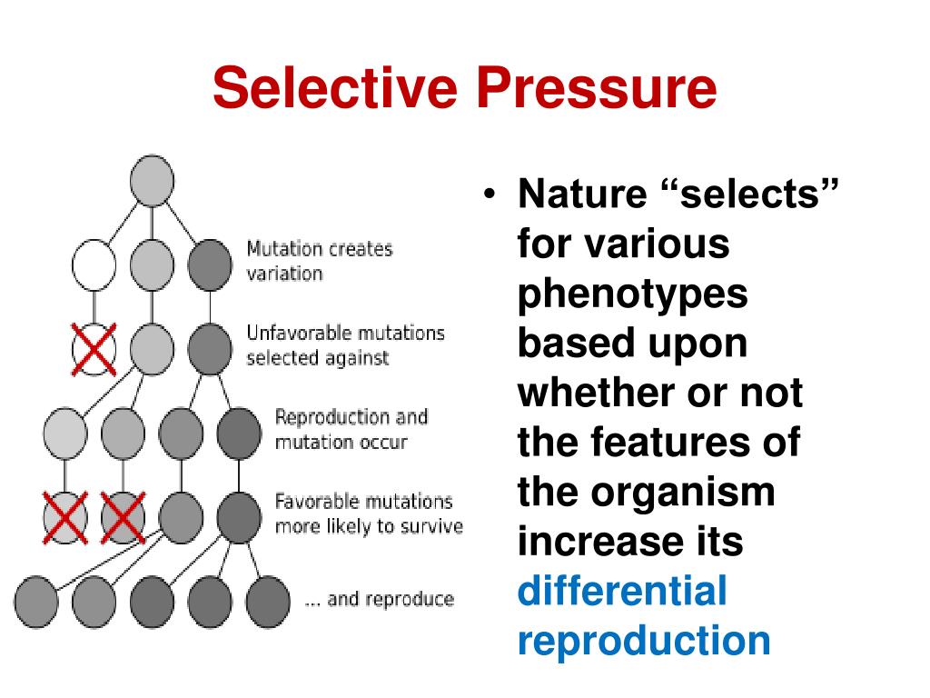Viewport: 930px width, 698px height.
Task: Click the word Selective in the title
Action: click(335, 88)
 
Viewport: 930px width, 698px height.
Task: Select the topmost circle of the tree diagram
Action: click(152, 179)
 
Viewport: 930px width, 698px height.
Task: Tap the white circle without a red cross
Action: click(94, 264)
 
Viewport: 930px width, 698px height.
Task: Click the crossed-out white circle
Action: click(94, 349)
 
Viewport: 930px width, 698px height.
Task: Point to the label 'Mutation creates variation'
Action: click(319, 261)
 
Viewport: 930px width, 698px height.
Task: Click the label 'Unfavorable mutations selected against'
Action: click(345, 344)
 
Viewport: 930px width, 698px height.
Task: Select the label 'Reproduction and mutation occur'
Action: click(351, 429)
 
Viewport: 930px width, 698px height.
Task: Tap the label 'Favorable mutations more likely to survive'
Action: click(368, 514)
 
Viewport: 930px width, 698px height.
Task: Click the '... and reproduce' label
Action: click(379, 599)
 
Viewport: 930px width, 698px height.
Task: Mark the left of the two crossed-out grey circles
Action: click(65, 518)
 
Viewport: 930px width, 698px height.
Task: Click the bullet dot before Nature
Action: click(491, 196)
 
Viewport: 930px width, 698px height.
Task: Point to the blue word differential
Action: click(622, 591)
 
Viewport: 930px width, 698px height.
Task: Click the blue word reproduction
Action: click(643, 640)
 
